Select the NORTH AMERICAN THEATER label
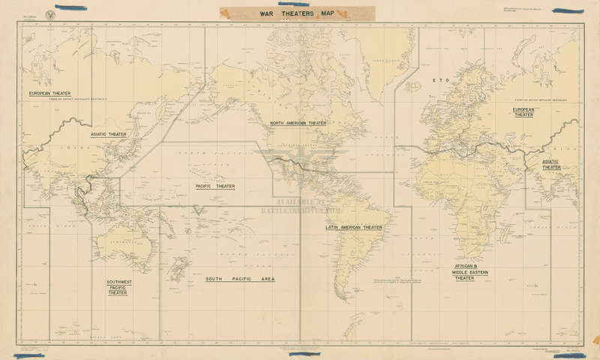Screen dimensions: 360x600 pyautogui.click(x=298, y=123)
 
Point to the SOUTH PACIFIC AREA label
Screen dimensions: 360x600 pyautogui.click(x=240, y=279)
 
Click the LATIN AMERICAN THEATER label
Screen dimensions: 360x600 pyautogui.click(x=353, y=227)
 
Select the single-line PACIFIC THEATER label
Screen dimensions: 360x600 pyautogui.click(x=215, y=186)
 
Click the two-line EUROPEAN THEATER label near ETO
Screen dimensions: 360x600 pyautogui.click(x=523, y=112)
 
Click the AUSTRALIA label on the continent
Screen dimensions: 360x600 pyautogui.click(x=120, y=243)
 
